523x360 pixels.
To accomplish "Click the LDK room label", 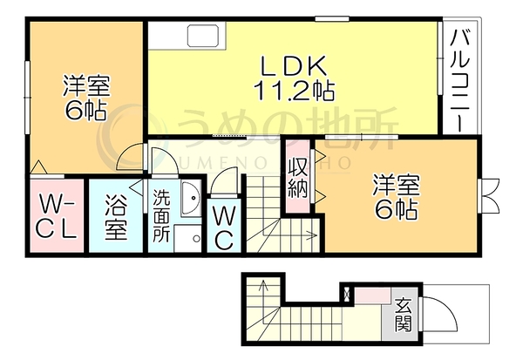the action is [293, 65].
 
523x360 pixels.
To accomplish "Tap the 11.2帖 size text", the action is [294, 91].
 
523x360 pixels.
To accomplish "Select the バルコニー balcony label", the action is [460, 80].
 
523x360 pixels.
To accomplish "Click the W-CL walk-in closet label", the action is [57, 216].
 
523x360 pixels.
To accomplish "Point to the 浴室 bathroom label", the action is [116, 218].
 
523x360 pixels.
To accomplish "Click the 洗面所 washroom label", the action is [161, 216].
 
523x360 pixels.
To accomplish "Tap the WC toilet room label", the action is [223, 228].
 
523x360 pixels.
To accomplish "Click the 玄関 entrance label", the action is [404, 315].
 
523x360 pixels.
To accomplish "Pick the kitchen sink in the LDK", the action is [203, 36].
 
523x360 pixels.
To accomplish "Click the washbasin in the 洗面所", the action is [191, 199].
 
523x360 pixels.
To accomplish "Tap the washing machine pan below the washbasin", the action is [187, 238].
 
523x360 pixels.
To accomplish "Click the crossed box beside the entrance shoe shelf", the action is [347, 294].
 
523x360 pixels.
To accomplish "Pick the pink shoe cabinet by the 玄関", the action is [372, 296].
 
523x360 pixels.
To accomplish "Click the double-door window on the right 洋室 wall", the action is [489, 195].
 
